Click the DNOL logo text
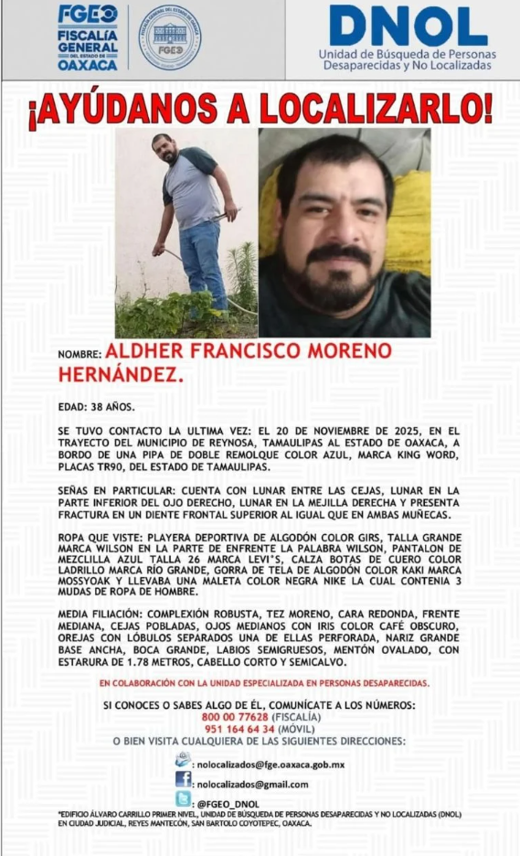(408, 27)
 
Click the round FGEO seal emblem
(169, 38)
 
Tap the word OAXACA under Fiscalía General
(88, 65)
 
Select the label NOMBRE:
(80, 354)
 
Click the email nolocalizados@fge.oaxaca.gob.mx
(271, 764)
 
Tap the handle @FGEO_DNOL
(228, 804)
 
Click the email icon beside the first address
(184, 761)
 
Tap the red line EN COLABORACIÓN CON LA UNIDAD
(263, 683)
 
